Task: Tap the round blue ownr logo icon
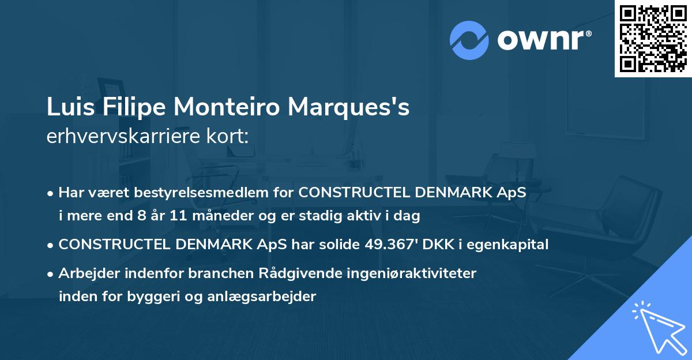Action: click(469, 40)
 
